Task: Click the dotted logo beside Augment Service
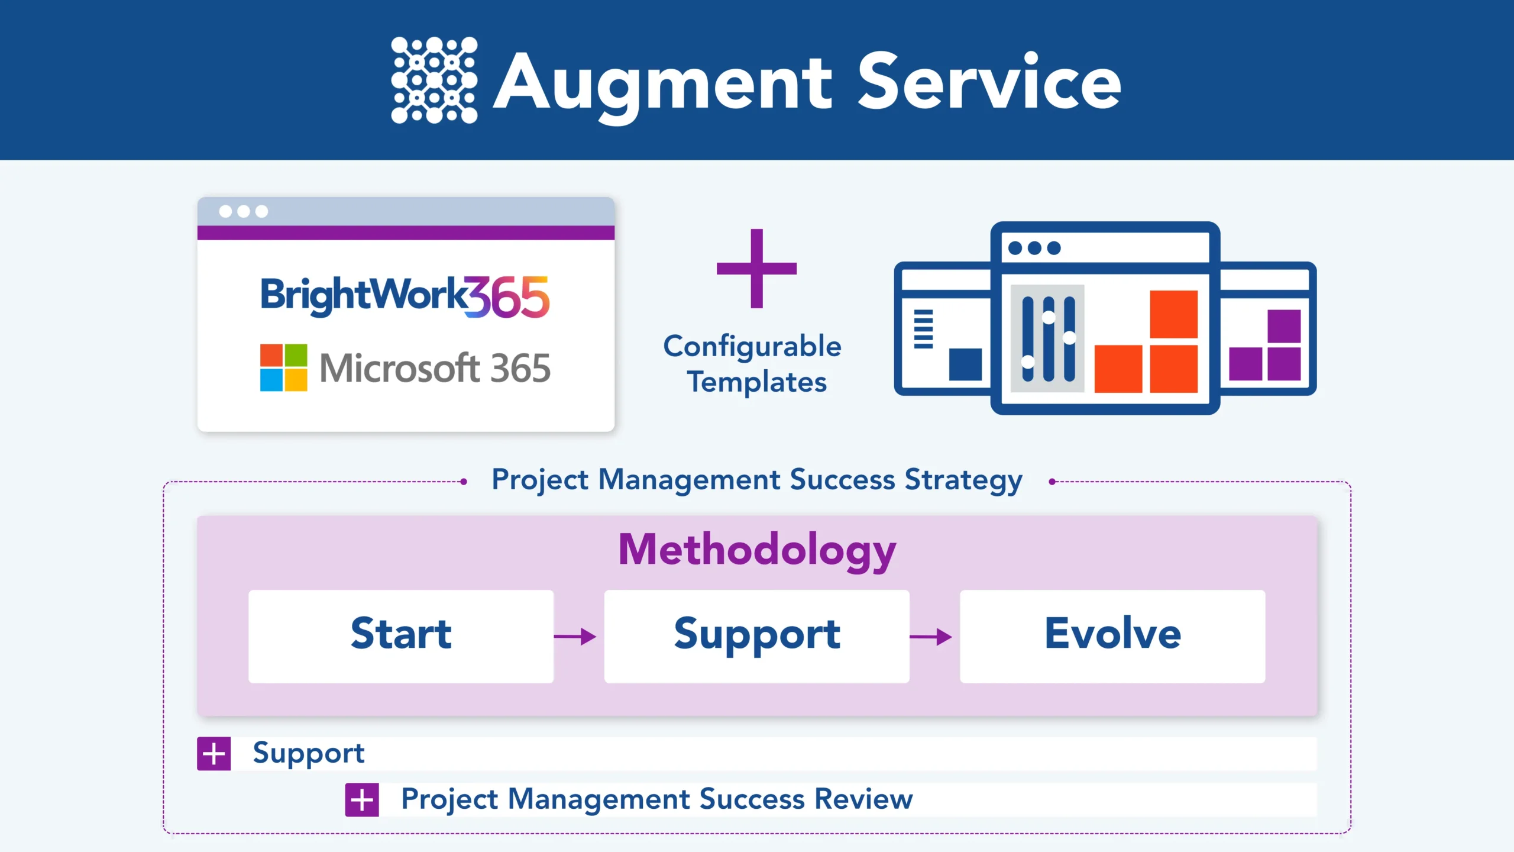[434, 80]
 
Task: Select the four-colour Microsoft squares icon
[284, 367]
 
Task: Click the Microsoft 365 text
[435, 368]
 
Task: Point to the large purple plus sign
[756, 269]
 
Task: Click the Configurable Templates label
[753, 363]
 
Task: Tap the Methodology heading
[757, 550]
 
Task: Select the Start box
[401, 636]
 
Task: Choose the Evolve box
[1112, 636]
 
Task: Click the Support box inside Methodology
[757, 636]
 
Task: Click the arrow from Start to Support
[575, 637]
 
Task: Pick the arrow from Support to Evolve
[930, 637]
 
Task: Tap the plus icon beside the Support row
[213, 754]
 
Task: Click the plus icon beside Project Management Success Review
[362, 800]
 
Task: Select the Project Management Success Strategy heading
[757, 480]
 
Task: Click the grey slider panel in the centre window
[1047, 338]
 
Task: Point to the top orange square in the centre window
[1173, 314]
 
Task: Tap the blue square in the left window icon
[965, 364]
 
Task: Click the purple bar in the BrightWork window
[406, 233]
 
